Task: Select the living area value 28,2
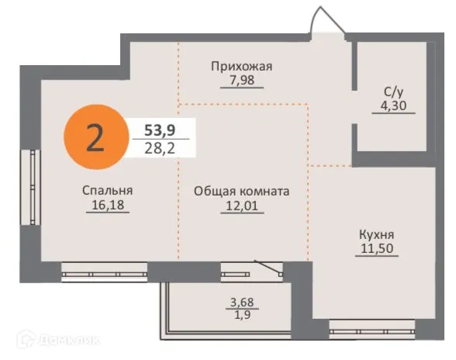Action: [x=158, y=147]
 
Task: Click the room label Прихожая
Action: [x=242, y=66]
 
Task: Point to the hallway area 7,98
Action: [x=242, y=80]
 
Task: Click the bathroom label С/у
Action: [x=392, y=92]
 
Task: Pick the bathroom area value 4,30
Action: [x=392, y=106]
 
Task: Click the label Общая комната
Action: [x=242, y=190]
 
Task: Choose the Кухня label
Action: [x=377, y=233]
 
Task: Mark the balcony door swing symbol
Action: [x=270, y=268]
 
